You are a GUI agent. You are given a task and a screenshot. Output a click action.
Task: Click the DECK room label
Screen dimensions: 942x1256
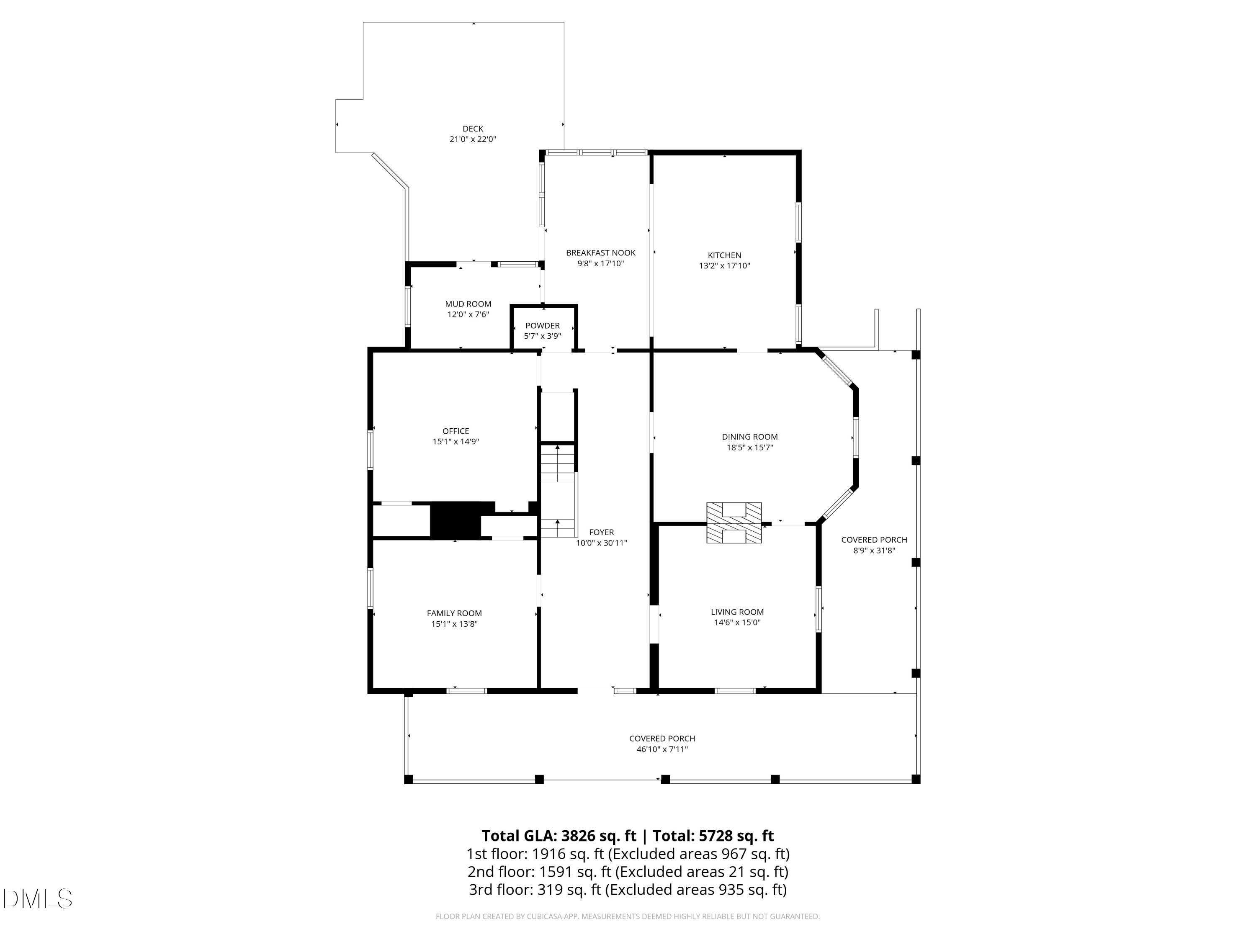coord(472,129)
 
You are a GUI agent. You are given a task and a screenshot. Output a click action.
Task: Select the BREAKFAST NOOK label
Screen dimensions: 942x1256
coord(600,253)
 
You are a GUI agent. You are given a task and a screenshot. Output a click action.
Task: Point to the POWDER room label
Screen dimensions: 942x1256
coord(542,325)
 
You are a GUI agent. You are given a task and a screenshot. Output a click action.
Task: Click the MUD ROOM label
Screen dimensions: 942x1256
coord(468,304)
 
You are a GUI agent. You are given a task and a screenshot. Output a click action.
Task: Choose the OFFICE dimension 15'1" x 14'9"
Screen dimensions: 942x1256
coord(456,441)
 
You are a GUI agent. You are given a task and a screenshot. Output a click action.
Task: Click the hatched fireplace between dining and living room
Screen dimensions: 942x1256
coord(734,523)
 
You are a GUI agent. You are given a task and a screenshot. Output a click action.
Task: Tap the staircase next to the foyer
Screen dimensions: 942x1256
coord(558,491)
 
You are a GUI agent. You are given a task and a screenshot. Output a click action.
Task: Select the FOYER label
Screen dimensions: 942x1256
coord(601,532)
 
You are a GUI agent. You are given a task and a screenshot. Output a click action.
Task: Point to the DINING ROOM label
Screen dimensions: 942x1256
coord(749,437)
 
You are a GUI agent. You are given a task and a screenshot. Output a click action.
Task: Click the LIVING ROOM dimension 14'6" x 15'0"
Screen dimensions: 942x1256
coord(737,622)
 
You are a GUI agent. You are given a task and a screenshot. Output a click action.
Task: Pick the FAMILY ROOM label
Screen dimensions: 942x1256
coord(454,613)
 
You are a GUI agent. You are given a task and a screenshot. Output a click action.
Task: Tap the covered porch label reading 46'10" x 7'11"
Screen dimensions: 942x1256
coord(662,749)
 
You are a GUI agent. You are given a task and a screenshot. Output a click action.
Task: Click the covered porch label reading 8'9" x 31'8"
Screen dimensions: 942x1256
coord(874,550)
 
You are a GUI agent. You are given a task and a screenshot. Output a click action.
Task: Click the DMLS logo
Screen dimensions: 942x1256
coord(38,899)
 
